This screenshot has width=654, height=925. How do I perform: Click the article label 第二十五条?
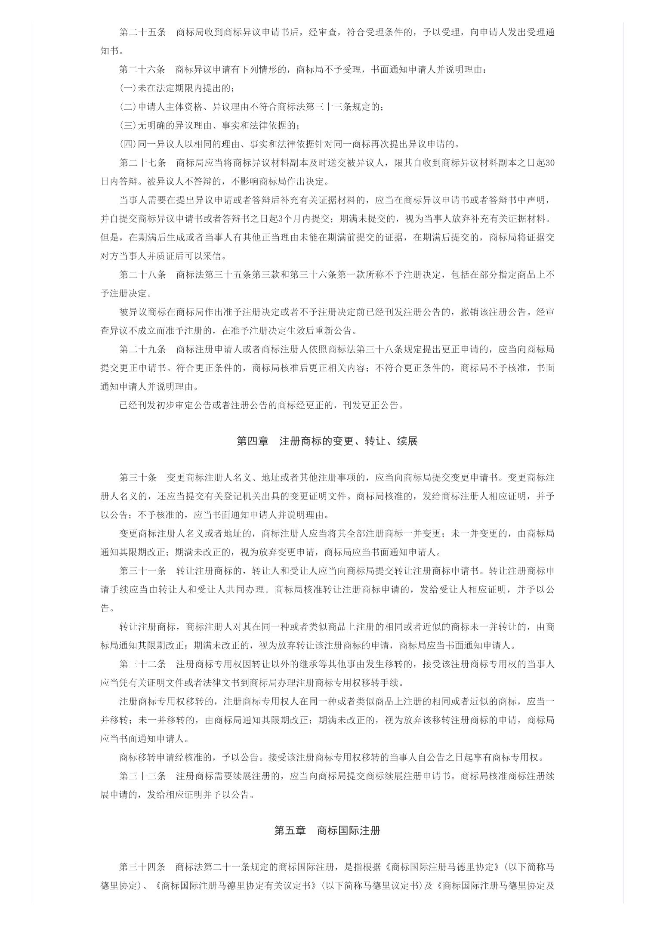tap(142, 32)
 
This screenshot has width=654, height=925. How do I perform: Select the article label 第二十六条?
tap(142, 70)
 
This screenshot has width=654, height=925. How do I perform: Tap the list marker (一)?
tap(128, 88)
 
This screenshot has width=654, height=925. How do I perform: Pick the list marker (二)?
tap(128, 107)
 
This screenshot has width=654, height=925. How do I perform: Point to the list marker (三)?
tap(128, 126)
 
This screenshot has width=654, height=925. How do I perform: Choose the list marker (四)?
tap(128, 144)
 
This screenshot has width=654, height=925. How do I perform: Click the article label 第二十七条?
tap(142, 163)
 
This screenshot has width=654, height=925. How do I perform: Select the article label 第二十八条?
tap(142, 274)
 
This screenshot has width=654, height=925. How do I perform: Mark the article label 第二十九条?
tap(142, 349)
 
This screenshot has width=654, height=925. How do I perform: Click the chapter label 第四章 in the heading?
tap(253, 441)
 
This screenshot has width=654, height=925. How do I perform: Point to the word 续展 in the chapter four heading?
tap(407, 441)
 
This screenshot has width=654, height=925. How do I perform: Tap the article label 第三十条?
tap(138, 478)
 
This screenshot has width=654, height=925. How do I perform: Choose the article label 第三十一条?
tap(142, 571)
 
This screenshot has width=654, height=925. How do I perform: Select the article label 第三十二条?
tap(142, 664)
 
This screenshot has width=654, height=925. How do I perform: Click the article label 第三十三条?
tap(142, 776)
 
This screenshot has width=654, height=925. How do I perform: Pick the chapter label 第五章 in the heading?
tap(290, 830)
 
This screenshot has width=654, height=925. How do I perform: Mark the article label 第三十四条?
tap(142, 867)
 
